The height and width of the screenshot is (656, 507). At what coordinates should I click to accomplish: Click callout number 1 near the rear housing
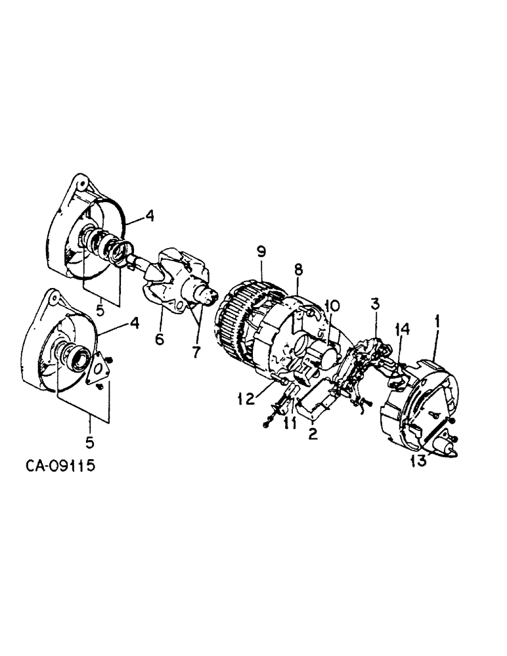click(x=437, y=322)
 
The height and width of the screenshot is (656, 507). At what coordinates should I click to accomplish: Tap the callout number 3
click(x=374, y=304)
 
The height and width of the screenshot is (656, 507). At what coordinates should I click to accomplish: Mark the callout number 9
click(x=261, y=251)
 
